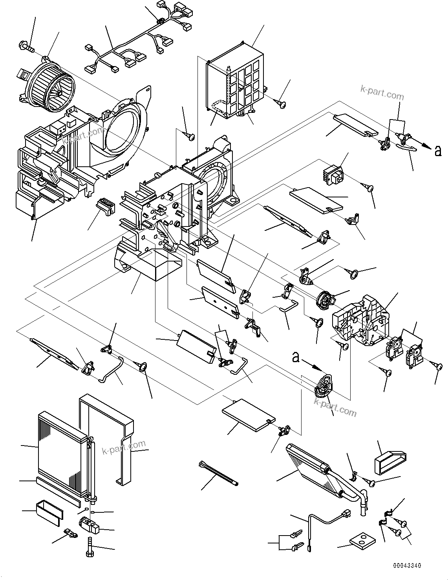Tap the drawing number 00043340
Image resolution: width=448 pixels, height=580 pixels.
(x=407, y=565)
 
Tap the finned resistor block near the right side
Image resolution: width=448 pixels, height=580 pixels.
(x=332, y=174)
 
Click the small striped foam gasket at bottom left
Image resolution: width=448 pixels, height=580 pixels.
(x=49, y=513)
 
